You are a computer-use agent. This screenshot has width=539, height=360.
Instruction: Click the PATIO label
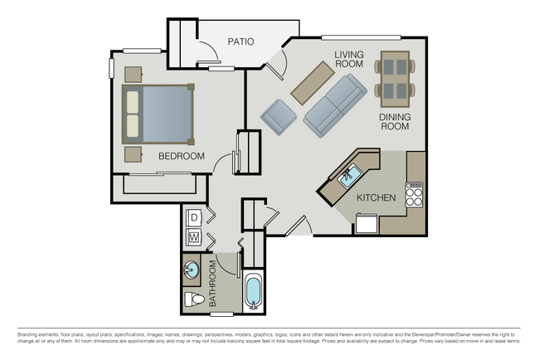click(240, 41)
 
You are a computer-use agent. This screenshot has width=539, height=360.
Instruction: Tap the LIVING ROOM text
click(349, 59)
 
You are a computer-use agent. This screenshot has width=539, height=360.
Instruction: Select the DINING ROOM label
click(395, 123)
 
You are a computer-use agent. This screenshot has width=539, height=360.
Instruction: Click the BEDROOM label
click(181, 156)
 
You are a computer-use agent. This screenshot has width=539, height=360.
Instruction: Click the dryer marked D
click(195, 217)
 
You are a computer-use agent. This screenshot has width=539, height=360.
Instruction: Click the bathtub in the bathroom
click(253, 292)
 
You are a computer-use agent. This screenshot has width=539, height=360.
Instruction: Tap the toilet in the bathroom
click(192, 299)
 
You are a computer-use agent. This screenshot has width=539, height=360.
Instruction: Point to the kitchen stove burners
click(414, 193)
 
